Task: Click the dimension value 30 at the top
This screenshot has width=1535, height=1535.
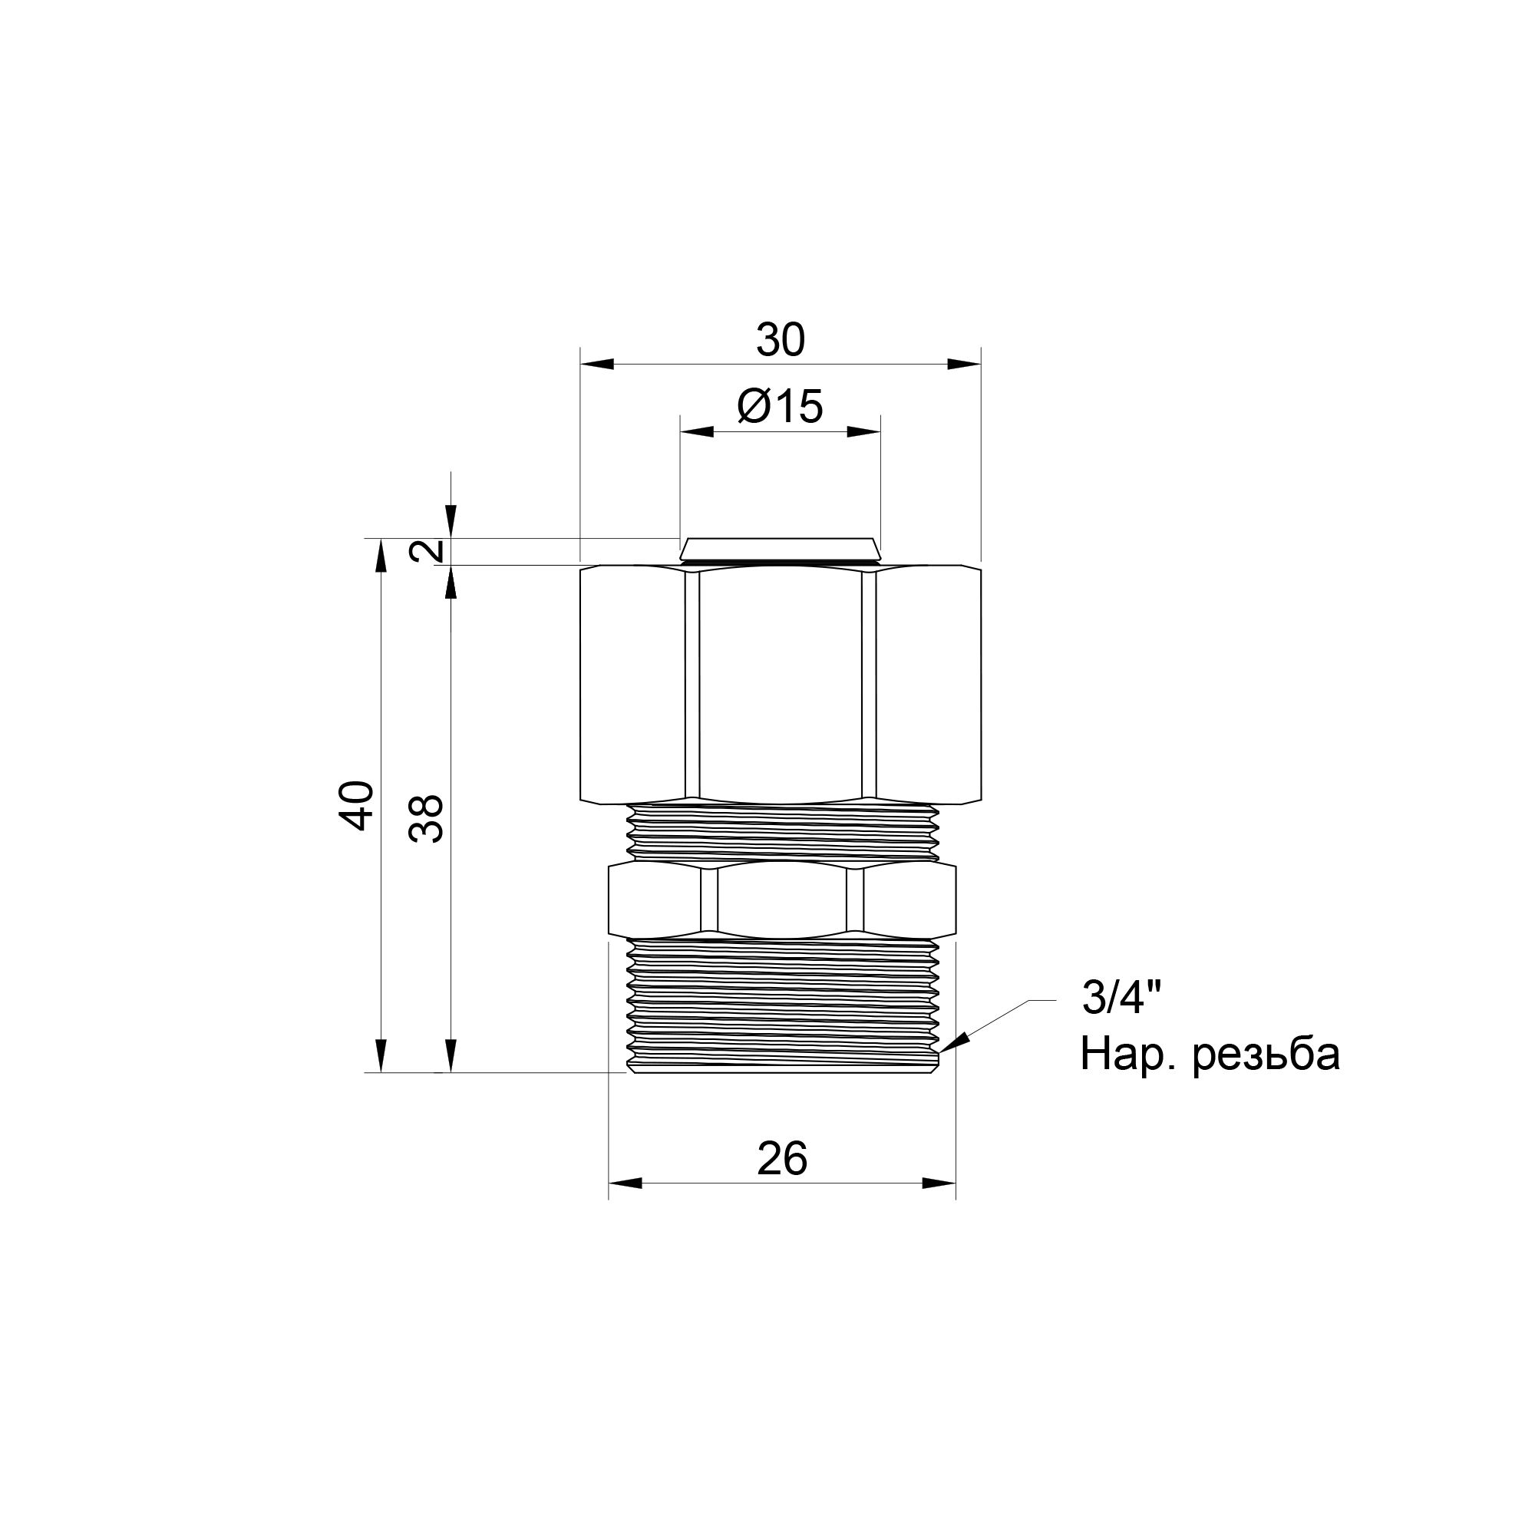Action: (781, 340)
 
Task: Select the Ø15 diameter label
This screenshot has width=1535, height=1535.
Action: (781, 407)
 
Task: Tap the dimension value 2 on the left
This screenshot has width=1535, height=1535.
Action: (430, 550)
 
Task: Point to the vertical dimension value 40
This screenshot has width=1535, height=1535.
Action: (357, 806)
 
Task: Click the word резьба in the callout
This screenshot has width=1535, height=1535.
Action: (1266, 1055)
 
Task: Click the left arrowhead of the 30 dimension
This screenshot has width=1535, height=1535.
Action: (597, 365)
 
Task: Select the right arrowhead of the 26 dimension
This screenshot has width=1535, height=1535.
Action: (939, 1183)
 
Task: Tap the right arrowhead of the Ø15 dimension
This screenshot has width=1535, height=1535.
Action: (863, 432)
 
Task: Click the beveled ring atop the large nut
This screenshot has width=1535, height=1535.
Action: (781, 549)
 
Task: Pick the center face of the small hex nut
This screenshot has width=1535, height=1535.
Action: (782, 900)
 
